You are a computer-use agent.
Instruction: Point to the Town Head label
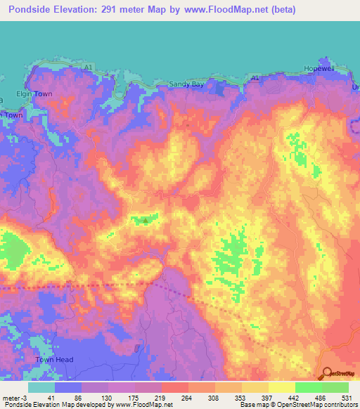point(53,359)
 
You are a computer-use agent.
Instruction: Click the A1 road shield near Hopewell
point(255,77)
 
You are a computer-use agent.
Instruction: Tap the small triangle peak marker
point(145,221)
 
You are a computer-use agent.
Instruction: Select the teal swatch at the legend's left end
point(41,387)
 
